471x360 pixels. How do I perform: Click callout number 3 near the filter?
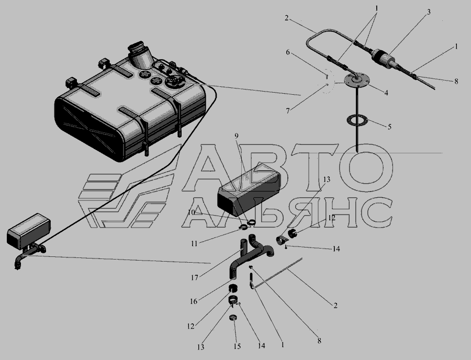pyautogui.click(x=429, y=12)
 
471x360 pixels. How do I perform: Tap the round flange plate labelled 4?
pyautogui.click(x=356, y=81)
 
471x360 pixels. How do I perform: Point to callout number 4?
pyautogui.click(x=386, y=93)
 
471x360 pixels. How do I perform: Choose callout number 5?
pyautogui.click(x=389, y=127)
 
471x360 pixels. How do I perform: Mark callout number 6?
pyautogui.click(x=288, y=52)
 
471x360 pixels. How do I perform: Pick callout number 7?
pyautogui.click(x=288, y=111)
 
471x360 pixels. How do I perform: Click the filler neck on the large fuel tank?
pyautogui.click(x=140, y=54)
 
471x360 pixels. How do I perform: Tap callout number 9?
pyautogui.click(x=237, y=136)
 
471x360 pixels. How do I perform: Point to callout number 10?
pyautogui.click(x=192, y=212)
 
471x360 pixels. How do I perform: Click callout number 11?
pyautogui.click(x=194, y=243)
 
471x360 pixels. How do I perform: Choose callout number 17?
pyautogui.click(x=194, y=278)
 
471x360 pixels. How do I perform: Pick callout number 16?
pyautogui.click(x=194, y=301)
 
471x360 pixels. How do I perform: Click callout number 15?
pyautogui.click(x=237, y=346)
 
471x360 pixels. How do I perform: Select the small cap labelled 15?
pyautogui.click(x=233, y=318)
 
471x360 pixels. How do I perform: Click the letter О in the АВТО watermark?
pyautogui.click(x=366, y=168)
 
